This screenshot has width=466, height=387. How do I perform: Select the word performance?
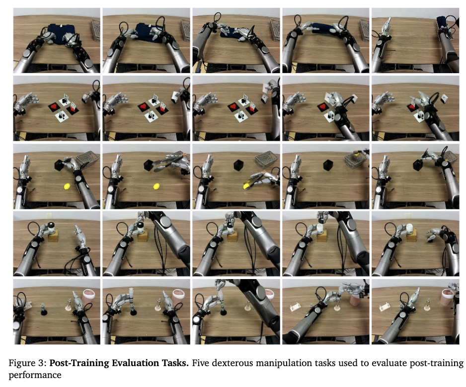[x=35, y=375]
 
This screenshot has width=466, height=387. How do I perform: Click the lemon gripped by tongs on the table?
[x=247, y=187]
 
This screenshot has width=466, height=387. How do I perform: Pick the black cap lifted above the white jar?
[x=321, y=221]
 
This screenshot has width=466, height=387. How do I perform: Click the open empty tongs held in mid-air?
[x=166, y=163]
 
